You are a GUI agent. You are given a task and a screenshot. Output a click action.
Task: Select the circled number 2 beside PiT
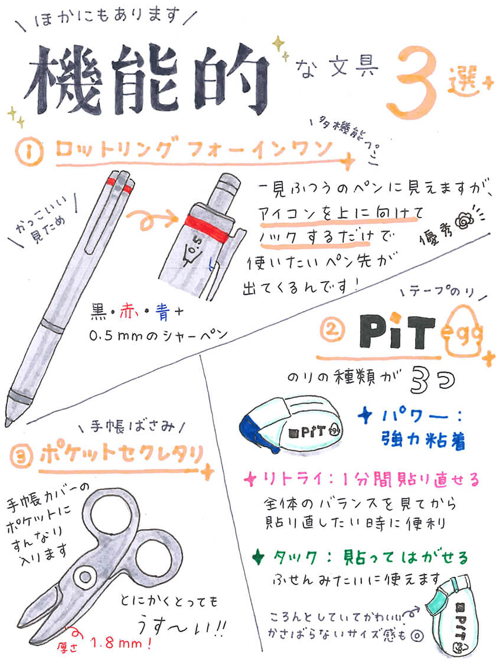point(332,330)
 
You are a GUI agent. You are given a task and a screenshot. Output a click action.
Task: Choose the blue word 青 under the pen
point(162,313)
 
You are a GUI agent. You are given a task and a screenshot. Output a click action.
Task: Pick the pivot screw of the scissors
point(86,577)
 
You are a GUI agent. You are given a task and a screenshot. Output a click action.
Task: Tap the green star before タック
point(257,557)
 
